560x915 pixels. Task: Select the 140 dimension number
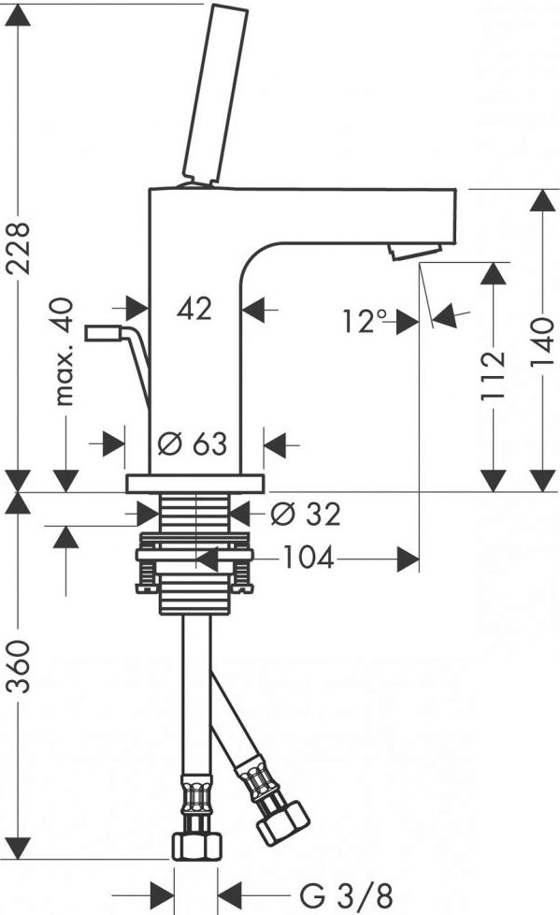[x=542, y=342]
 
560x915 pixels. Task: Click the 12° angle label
[x=365, y=321]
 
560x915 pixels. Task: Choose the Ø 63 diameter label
[x=193, y=444]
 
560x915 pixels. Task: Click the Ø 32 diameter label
[x=306, y=515]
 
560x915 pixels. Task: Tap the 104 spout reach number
[x=309, y=558]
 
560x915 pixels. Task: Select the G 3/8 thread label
[x=346, y=894]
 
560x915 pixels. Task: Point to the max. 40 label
[x=65, y=351]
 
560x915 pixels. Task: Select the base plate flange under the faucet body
[x=194, y=484]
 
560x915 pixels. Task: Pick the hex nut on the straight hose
[x=196, y=846]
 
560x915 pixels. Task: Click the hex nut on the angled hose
[x=283, y=822]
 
